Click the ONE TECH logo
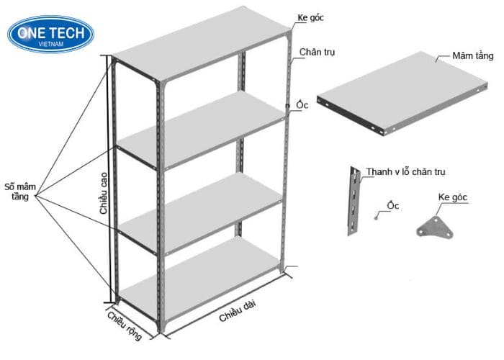(x=51, y=34)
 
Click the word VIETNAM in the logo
(x=51, y=44)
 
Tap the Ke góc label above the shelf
(x=310, y=18)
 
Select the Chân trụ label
(x=317, y=52)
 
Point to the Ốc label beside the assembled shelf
(x=302, y=105)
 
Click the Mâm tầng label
(x=472, y=56)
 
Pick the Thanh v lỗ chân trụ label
(x=405, y=172)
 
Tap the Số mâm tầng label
(x=20, y=192)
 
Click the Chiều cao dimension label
(x=104, y=193)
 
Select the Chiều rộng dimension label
(x=125, y=325)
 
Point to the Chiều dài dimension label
(x=238, y=311)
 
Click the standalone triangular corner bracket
(x=435, y=228)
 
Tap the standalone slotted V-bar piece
(x=354, y=201)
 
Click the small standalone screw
(x=376, y=218)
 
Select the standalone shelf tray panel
(x=402, y=93)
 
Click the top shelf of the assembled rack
(x=202, y=43)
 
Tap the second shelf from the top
(x=201, y=130)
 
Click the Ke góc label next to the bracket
(x=453, y=197)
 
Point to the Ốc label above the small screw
(x=393, y=205)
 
